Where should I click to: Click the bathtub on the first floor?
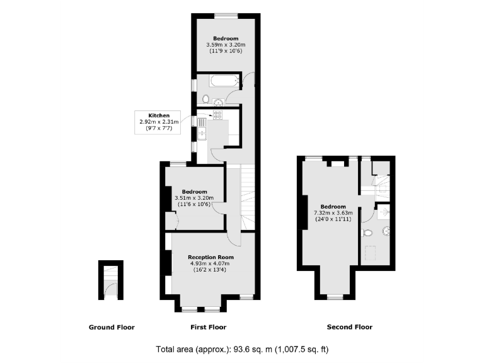223,81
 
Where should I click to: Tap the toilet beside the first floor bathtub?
207,99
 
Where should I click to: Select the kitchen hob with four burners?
218,115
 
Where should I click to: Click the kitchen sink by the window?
202,133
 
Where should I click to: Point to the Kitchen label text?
159,115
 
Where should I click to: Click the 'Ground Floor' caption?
111,327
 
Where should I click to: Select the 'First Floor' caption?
208,327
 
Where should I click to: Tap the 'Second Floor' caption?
349,327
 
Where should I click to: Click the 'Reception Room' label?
210,257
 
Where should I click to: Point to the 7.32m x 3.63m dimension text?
333,213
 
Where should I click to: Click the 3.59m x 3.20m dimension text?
225,45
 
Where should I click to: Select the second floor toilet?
369,233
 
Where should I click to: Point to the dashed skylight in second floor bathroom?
370,254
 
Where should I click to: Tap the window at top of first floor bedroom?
225,15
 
